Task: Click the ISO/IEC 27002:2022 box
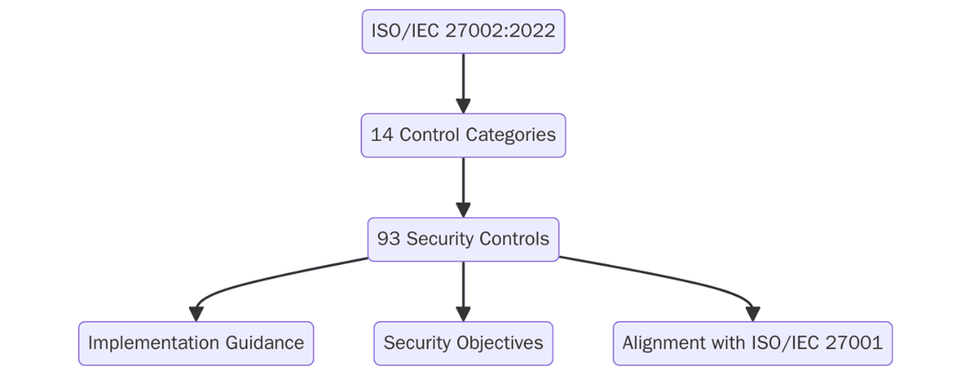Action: [x=463, y=32]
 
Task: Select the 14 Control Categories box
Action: [x=463, y=135]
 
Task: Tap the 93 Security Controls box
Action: [x=463, y=239]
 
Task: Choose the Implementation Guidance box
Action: [x=196, y=343]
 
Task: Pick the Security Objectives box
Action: [x=463, y=343]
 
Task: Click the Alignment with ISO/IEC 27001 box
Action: [x=752, y=343]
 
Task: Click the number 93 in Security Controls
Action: [x=388, y=239]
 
